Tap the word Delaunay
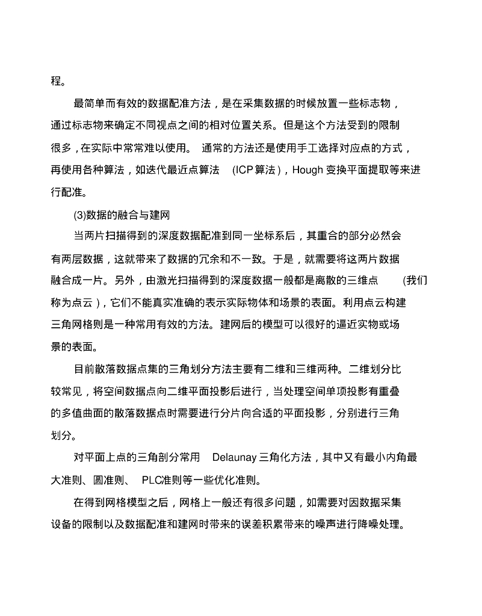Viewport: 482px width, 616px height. pyautogui.click(x=234, y=458)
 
